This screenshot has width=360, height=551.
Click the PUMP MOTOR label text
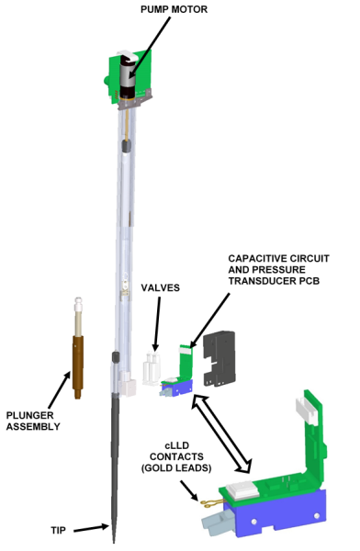174,9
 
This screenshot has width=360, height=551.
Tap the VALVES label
161,287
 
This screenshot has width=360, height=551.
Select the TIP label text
59,530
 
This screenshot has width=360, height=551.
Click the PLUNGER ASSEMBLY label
33,421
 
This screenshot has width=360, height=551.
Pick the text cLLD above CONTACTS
177,445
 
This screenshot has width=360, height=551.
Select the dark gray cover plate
219,358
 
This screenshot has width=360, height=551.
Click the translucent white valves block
152,369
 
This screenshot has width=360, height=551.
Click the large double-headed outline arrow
221,434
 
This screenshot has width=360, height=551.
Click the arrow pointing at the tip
91,528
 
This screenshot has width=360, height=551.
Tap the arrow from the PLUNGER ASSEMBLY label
59,390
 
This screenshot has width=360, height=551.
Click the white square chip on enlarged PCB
242,489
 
